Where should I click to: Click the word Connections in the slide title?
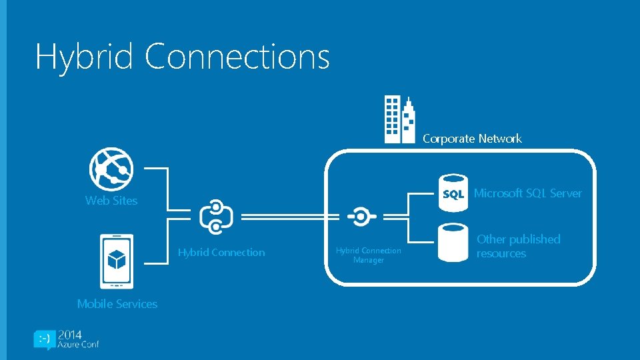tap(237, 57)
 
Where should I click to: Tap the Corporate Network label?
tap(472, 139)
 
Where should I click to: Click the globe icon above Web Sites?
tap(111, 169)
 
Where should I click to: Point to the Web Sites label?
tap(111, 201)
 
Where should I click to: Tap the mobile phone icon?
tap(116, 261)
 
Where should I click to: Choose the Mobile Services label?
tap(117, 304)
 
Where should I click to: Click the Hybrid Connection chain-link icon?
tap(216, 217)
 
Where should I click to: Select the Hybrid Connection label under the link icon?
tap(221, 253)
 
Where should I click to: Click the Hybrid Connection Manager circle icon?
tap(361, 217)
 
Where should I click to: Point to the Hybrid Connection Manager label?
tap(369, 255)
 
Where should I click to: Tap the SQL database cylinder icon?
tap(453, 193)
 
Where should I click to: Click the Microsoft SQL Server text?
tap(527, 193)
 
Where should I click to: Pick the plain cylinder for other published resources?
tap(453, 241)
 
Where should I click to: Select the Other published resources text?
tap(518, 246)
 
